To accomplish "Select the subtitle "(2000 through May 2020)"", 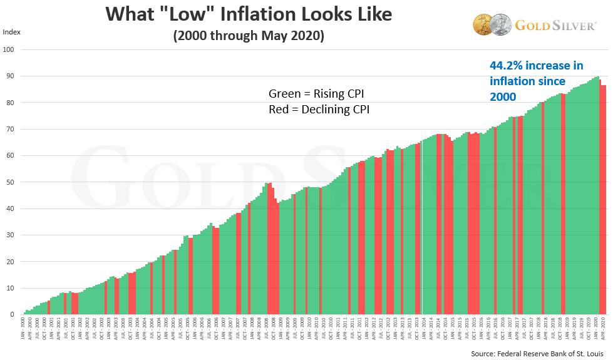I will tap(248, 36).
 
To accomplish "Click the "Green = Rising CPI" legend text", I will tap(316, 95).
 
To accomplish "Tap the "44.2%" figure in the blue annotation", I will tap(506, 66).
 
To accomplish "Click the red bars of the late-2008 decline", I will tap(272, 250).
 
